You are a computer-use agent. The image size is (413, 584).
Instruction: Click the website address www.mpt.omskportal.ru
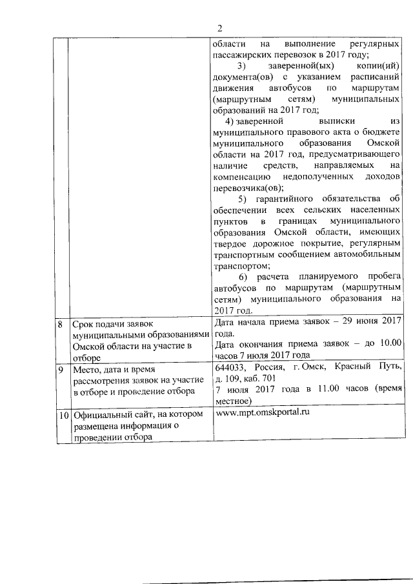coord(260,413)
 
